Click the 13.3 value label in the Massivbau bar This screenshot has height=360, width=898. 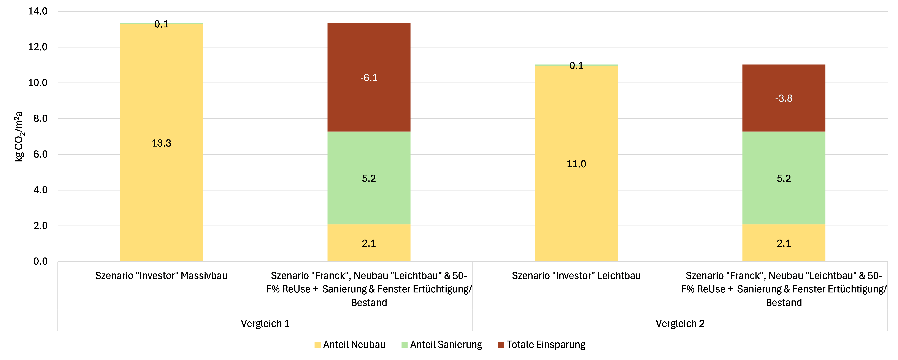(161, 143)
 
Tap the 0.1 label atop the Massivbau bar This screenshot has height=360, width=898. (161, 24)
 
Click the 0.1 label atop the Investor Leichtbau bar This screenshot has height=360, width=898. (576, 66)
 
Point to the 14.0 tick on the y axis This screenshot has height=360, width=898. (38, 11)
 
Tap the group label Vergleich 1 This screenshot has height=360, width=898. (265, 323)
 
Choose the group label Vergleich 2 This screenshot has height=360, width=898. (680, 323)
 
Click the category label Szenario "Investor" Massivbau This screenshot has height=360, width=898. (161, 276)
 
